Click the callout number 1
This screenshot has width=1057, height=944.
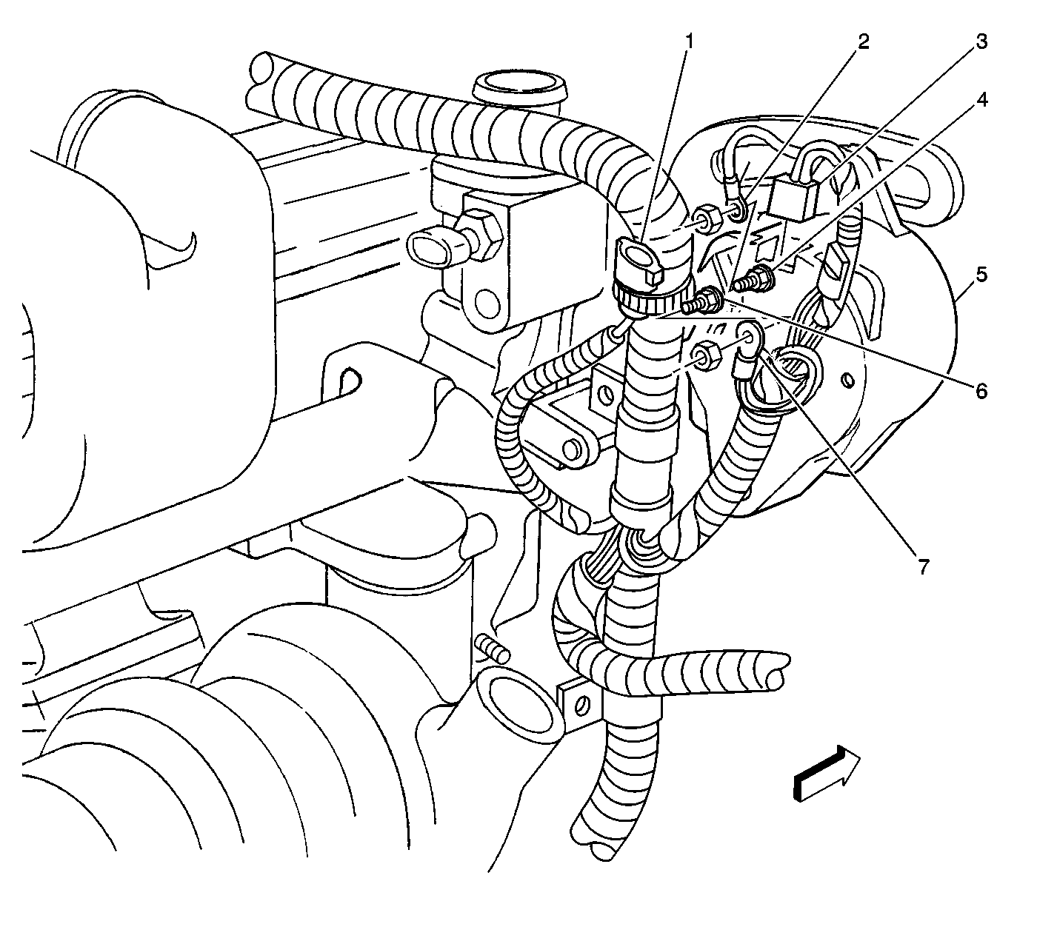[690, 41]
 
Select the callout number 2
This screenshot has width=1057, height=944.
[864, 41]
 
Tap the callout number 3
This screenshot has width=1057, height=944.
[982, 41]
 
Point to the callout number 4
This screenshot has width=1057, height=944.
[982, 100]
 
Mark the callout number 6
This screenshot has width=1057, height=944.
[982, 391]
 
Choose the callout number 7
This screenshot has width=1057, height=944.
[924, 566]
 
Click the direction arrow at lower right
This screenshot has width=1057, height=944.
[827, 772]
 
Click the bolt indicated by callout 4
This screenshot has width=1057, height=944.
[755, 279]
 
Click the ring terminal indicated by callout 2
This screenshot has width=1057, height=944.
[737, 211]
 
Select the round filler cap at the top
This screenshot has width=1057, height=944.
[520, 87]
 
